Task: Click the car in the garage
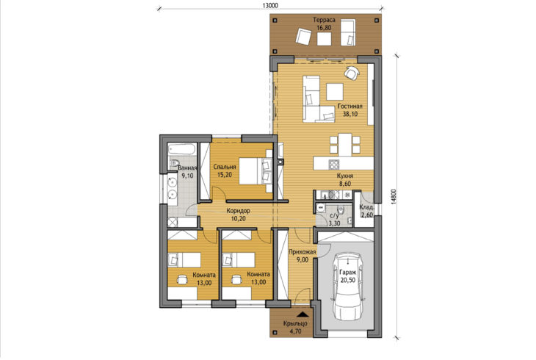[348, 287]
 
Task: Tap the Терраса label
[324, 20]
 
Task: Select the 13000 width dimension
[271, 5]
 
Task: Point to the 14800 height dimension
[393, 197]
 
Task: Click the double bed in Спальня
[256, 170]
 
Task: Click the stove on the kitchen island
[333, 165]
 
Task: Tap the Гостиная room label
[350, 106]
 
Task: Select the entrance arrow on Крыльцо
[302, 314]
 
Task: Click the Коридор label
[238, 211]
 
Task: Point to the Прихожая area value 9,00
[302, 260]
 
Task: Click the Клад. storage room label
[367, 207]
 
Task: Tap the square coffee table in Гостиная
[335, 92]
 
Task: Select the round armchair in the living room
[352, 72]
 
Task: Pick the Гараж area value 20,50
[348, 280]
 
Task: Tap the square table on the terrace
[324, 39]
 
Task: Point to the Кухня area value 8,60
[345, 184]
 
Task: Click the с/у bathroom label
[333, 216]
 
